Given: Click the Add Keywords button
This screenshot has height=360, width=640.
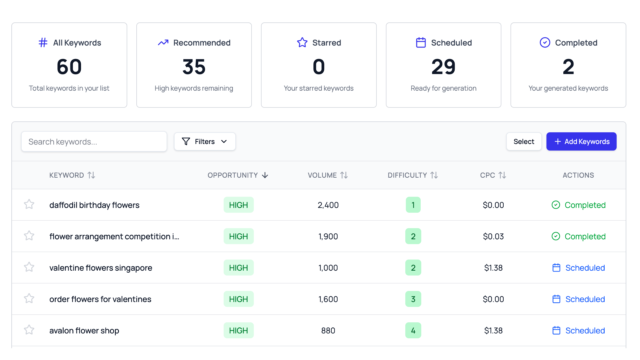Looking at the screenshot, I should [581, 142].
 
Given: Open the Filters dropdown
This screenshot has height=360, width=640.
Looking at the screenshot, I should [205, 142].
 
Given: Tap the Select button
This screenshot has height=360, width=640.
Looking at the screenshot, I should [524, 142].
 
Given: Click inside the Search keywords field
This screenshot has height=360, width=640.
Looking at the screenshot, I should [94, 142].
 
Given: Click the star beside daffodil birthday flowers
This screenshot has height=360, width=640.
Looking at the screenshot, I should [29, 204].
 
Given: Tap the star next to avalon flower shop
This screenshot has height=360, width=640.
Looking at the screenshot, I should [29, 330].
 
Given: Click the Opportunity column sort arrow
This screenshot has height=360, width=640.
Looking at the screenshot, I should [265, 175].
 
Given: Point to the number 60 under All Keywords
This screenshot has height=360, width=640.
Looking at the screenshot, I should [69, 67].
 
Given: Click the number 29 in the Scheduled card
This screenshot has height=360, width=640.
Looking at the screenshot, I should [443, 67].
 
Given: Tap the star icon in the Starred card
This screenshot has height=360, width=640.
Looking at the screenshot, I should [302, 43].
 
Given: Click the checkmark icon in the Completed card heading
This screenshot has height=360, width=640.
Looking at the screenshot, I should [545, 43].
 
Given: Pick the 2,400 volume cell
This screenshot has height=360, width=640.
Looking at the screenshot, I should [328, 205].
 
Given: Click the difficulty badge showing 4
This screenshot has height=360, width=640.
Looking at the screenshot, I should [413, 330].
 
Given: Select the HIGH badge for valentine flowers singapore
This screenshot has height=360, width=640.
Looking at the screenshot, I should [238, 268].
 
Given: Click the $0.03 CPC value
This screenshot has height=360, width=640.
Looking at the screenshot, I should [493, 236].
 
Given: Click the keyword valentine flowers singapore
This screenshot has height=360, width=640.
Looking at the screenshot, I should [101, 268].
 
